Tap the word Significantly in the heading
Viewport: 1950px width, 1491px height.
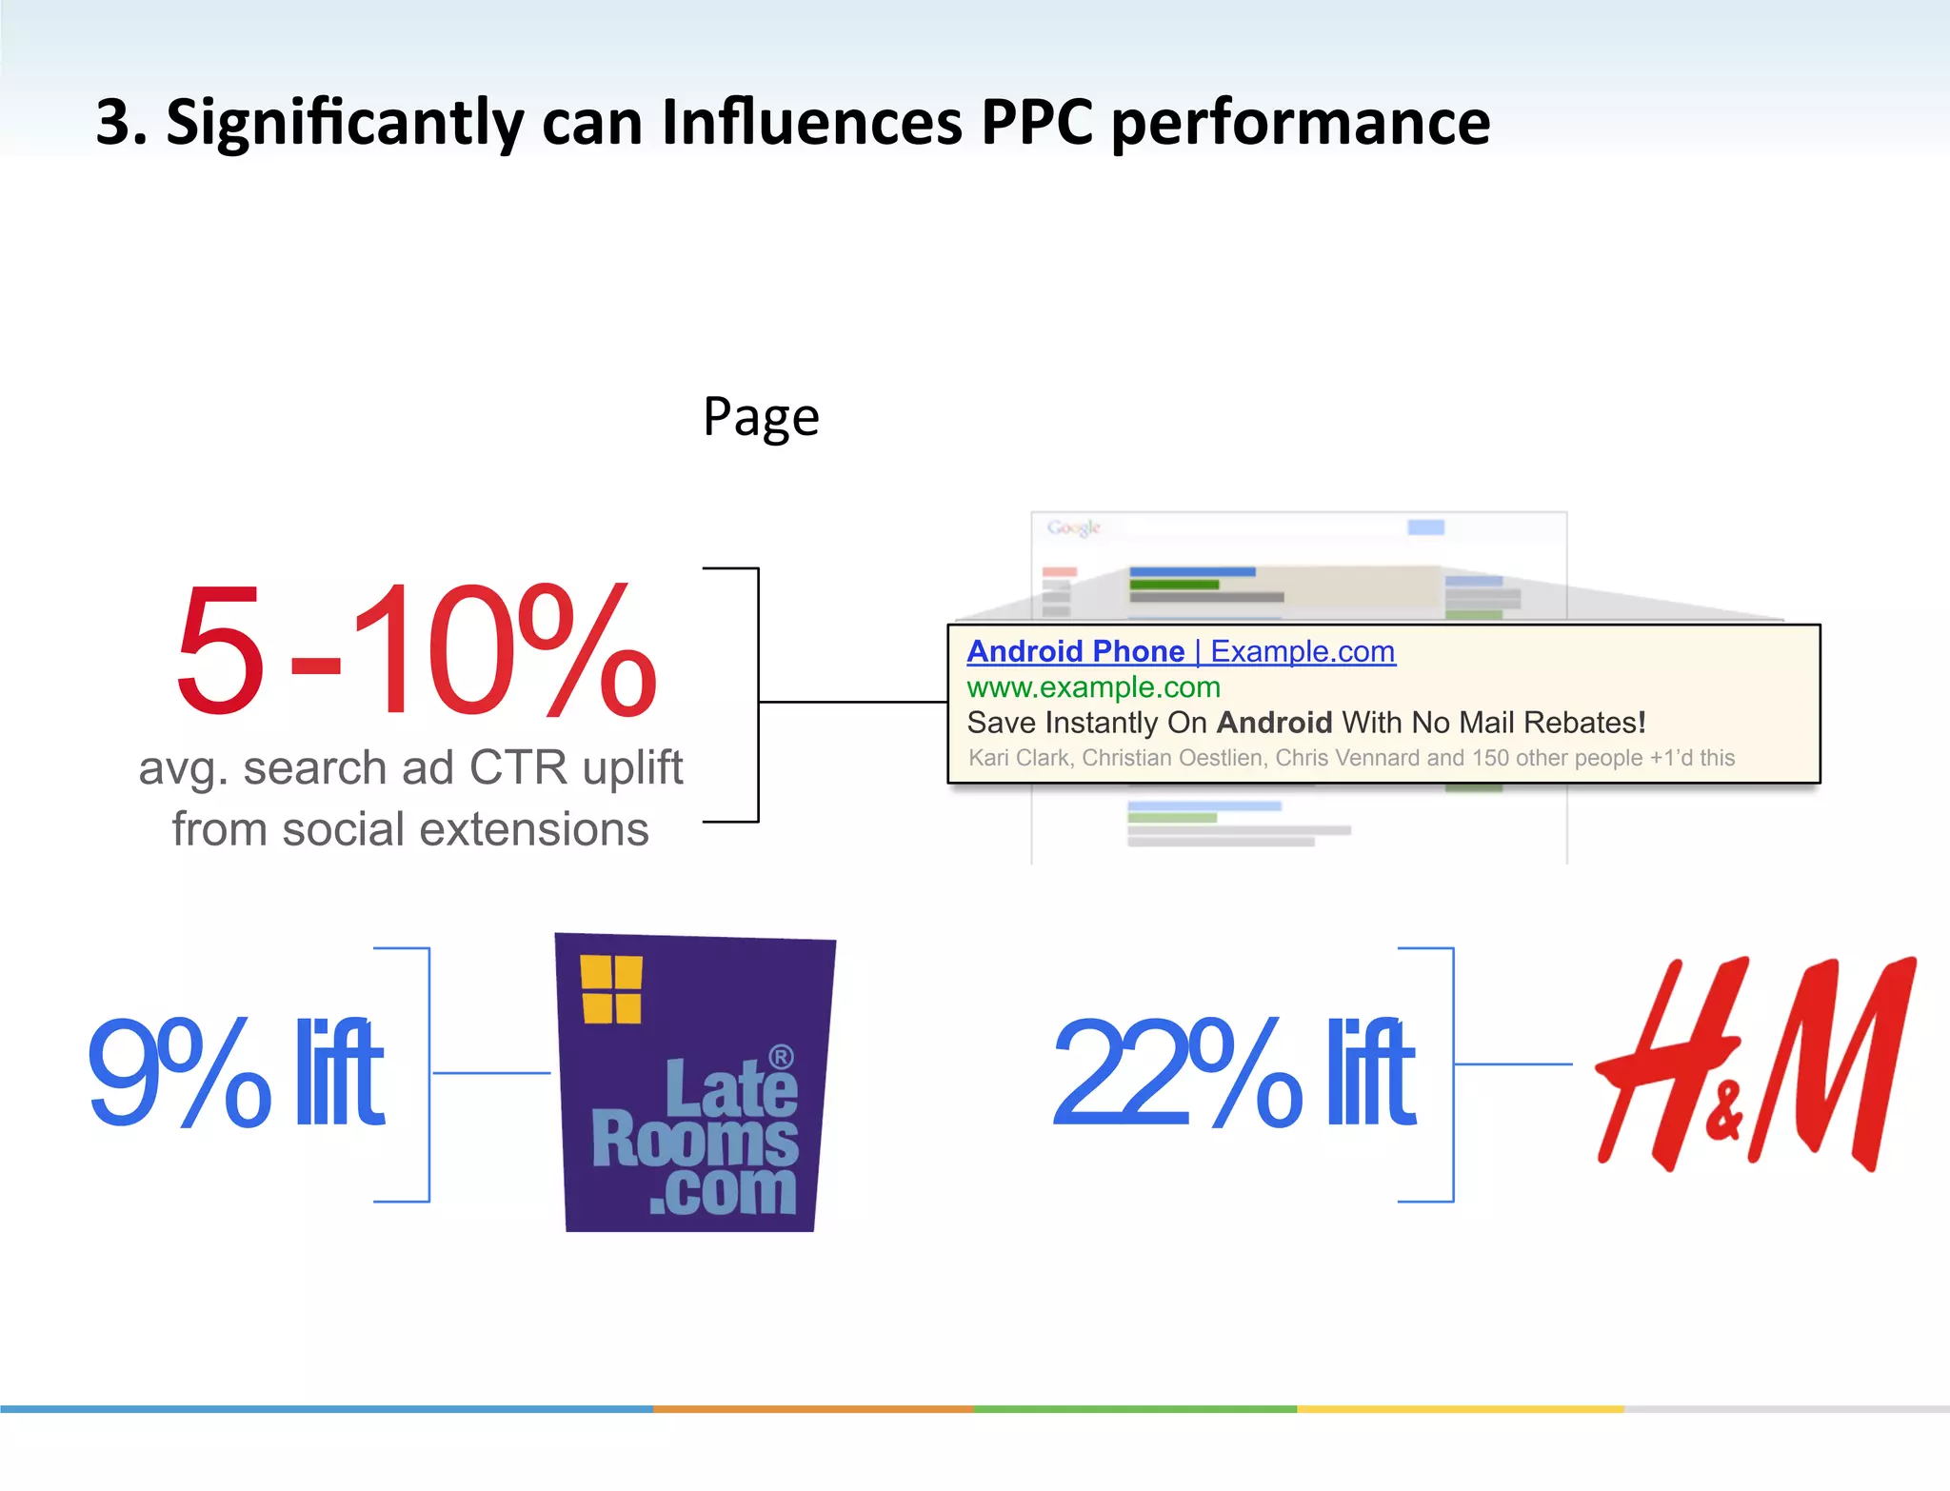tap(344, 124)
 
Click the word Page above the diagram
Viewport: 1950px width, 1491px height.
tap(761, 417)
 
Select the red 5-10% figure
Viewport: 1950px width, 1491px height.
tap(415, 650)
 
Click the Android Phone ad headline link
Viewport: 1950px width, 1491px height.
tap(1076, 651)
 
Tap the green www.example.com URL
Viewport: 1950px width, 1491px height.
tap(1093, 687)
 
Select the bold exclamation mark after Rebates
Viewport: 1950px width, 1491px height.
tap(1642, 723)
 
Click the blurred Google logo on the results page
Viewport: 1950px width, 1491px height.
tap(1073, 527)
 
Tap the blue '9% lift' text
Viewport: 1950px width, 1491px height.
tap(235, 1072)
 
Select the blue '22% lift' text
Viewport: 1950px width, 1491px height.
tap(1234, 1072)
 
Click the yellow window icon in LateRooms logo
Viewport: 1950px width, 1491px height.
tap(611, 989)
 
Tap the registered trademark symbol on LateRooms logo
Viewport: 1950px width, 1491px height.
tap(781, 1057)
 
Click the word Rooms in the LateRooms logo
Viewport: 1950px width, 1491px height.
tap(694, 1139)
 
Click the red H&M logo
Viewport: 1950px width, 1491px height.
tap(1755, 1064)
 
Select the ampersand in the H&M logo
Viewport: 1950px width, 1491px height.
tap(1723, 1111)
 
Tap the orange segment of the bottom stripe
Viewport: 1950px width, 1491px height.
tap(812, 1408)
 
